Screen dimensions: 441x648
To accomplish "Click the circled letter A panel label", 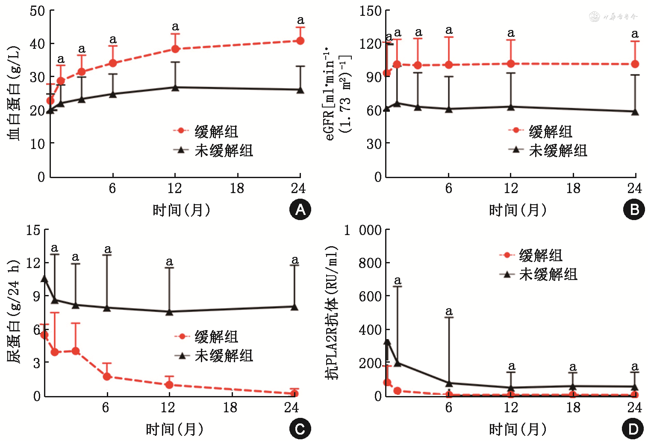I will coord(300,210).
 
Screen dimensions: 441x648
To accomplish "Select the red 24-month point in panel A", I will coord(300,41).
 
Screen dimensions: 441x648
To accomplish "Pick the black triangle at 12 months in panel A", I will coord(175,87).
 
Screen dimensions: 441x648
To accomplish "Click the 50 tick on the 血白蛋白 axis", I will coord(38,11).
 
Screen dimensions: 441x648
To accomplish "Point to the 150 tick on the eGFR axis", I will coord(370,11).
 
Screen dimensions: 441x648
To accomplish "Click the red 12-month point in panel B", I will coord(510,64).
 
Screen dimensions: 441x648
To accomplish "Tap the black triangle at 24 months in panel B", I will coord(635,112).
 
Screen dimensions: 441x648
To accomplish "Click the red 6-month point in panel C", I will coord(107,376).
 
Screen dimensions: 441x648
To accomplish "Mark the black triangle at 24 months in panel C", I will coord(294,307).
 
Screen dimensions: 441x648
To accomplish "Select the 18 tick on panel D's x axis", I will coord(573,407).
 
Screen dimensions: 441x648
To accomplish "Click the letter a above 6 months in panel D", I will coord(448,311).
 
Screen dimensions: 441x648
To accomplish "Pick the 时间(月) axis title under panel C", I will coord(174,429).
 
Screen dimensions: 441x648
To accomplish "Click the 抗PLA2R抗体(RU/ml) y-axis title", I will coord(332,313).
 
